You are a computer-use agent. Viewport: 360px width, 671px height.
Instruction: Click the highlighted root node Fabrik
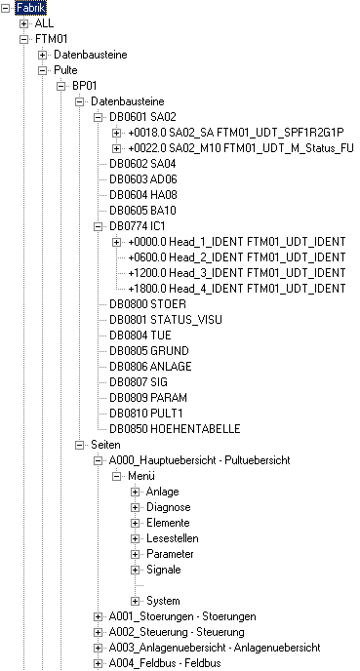[31, 8]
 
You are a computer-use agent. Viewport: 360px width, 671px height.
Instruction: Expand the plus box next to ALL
[24, 23]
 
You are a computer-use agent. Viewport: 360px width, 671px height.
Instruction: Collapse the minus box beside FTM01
[24, 39]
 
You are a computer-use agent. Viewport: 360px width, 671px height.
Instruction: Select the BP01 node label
[84, 86]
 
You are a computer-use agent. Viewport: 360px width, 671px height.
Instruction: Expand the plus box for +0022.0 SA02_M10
[116, 148]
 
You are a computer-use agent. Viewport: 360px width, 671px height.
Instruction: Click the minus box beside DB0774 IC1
[98, 226]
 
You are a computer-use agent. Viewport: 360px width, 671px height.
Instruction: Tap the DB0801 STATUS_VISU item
[166, 320]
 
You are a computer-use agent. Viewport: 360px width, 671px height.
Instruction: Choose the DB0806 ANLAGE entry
[150, 367]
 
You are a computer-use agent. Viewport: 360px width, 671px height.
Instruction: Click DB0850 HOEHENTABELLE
[175, 429]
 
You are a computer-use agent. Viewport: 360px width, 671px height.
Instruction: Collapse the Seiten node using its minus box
[80, 445]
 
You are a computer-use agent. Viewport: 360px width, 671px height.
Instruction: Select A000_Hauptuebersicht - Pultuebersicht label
[199, 460]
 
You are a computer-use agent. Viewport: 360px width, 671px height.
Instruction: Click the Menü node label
[141, 475]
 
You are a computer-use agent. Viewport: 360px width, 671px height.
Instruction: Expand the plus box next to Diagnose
[136, 507]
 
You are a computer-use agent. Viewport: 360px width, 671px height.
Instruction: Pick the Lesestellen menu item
[173, 538]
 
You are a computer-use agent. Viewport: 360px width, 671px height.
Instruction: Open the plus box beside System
[136, 601]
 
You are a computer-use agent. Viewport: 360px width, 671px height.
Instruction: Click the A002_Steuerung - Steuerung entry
[177, 632]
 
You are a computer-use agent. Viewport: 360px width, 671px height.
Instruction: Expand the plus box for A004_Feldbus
[98, 663]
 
